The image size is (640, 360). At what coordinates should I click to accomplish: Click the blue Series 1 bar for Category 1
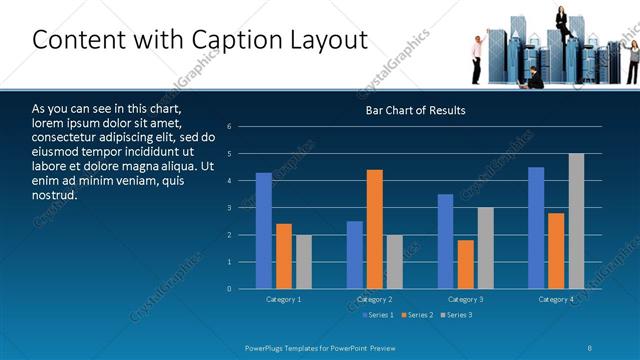[263, 231]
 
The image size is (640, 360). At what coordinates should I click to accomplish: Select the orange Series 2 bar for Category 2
[374, 229]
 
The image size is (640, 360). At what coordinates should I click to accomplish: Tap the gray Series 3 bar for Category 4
[576, 221]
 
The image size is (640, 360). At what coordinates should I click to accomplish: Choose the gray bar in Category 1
[303, 262]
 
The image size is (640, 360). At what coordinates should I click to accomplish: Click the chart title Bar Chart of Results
[415, 110]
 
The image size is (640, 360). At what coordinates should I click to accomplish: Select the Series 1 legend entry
[378, 315]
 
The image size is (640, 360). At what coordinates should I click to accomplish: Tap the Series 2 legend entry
[416, 315]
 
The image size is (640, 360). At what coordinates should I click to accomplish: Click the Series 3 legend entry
[455, 315]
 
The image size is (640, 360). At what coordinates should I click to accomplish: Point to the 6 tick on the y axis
[229, 127]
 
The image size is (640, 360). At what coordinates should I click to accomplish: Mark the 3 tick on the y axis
[229, 208]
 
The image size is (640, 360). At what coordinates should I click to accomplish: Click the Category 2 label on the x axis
[374, 299]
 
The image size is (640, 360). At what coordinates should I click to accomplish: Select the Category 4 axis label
[556, 299]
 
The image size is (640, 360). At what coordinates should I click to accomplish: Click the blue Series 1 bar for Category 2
[354, 255]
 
